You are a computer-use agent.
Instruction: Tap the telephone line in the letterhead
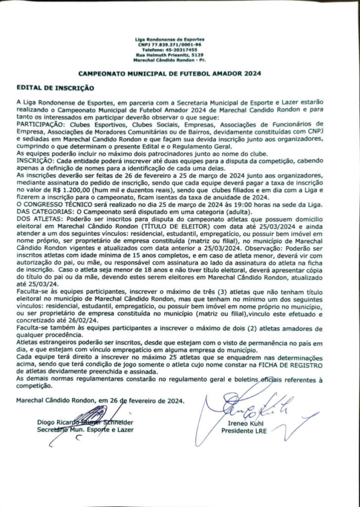click(x=169, y=50)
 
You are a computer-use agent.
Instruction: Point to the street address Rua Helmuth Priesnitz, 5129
click(x=169, y=55)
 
